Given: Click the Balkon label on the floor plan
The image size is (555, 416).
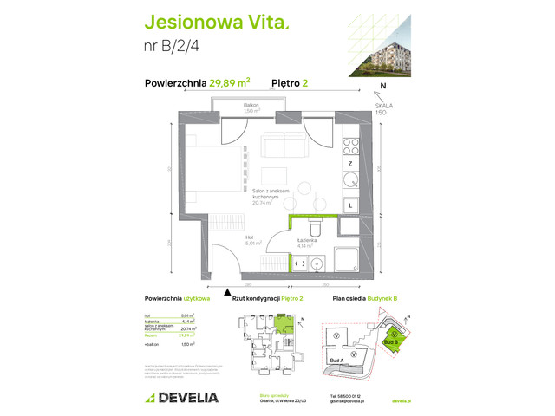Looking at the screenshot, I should click(x=251, y=109).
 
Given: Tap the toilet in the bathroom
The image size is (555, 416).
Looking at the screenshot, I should click(x=316, y=226).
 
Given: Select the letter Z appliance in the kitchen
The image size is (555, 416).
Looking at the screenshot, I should click(x=349, y=163).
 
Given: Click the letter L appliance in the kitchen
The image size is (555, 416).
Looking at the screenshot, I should click(x=349, y=205).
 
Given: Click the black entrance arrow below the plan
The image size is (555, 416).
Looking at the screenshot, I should click(x=228, y=291).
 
